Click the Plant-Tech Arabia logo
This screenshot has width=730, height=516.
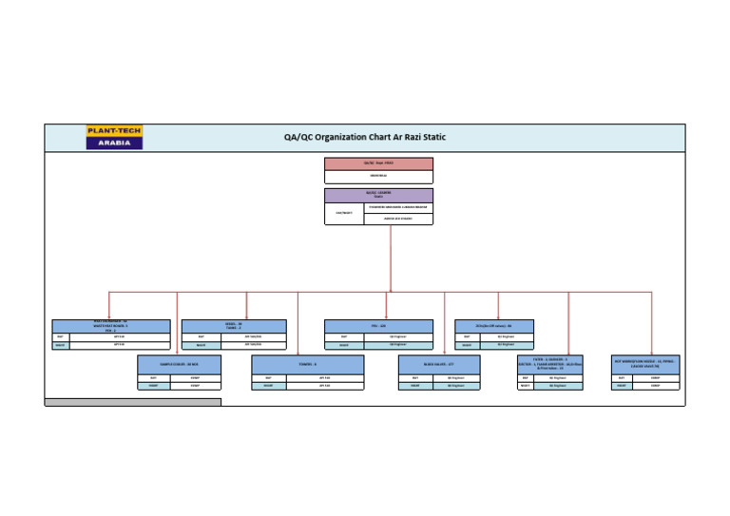pos(114,137)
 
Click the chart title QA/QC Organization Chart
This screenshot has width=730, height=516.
pos(364,137)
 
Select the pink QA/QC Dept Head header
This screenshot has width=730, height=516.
pos(378,163)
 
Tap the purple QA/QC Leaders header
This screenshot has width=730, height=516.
pos(378,194)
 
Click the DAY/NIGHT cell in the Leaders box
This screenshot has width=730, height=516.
pos(344,213)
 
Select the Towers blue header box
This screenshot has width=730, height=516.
pos(307,364)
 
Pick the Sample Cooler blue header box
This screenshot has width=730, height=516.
pos(179,364)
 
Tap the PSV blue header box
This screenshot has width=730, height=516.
pos(378,326)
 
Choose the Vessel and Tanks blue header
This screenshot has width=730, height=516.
pos(234,326)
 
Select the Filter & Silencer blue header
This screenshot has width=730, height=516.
pos(550,364)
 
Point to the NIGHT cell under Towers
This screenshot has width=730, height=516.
pos(268,386)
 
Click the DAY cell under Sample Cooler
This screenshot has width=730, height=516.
pos(153,377)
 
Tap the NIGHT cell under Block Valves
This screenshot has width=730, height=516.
pos(415,386)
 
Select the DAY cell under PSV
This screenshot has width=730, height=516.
pos(344,335)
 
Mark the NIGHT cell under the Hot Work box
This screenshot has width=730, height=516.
pos(622,386)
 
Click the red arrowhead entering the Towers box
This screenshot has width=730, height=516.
pos(298,353)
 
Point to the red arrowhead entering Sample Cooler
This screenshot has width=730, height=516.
pos(178,353)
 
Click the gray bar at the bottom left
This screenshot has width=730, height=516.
pos(132,402)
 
